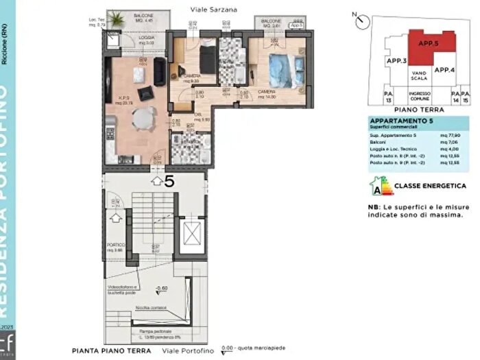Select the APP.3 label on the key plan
click(396, 61)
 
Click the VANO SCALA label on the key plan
click(420, 76)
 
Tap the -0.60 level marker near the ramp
click(162, 289)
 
